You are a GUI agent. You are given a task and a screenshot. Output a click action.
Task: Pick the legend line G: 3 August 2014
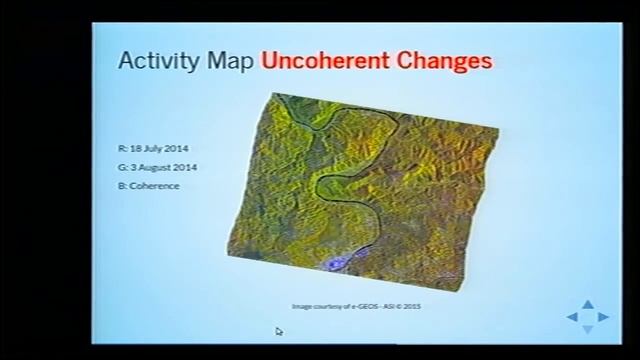[156, 167]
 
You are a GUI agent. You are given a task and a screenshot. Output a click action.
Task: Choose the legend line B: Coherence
[149, 186]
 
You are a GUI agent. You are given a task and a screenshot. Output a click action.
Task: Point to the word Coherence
[156, 186]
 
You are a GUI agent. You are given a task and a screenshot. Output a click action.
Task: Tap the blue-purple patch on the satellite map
[342, 263]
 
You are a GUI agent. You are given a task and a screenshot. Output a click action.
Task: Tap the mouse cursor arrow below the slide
[279, 331]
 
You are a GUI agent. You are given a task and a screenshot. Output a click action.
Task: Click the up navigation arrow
[588, 305]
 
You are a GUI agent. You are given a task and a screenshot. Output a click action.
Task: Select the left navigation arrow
[573, 317]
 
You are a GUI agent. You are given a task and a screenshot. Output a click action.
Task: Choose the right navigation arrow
[603, 317]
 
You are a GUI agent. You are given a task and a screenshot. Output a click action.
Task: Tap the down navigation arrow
[588, 329]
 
